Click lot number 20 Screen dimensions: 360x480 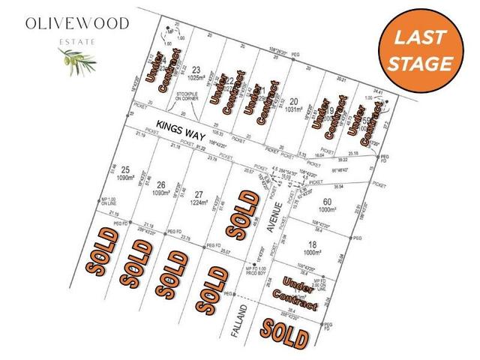coord(294,103)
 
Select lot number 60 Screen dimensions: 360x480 coord(326,200)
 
